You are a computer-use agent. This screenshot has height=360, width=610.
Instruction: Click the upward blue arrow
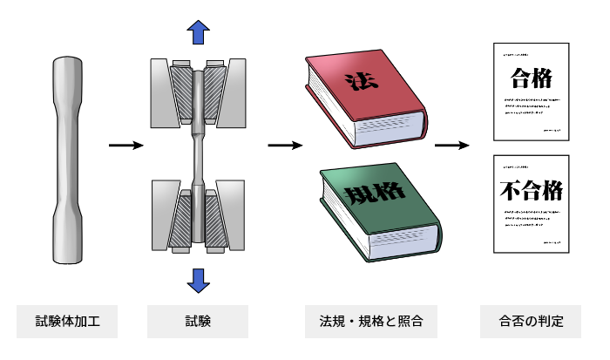click(199, 33)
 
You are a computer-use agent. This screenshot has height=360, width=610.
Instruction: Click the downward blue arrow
click(199, 279)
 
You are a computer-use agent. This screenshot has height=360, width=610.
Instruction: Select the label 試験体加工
click(67, 322)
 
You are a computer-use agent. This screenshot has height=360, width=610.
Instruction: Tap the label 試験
click(198, 322)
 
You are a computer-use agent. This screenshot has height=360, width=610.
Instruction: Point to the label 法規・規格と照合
click(370, 322)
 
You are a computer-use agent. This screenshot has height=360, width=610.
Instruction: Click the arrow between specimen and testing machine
click(125, 145)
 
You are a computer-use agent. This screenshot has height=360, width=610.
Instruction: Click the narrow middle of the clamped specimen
click(198, 157)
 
